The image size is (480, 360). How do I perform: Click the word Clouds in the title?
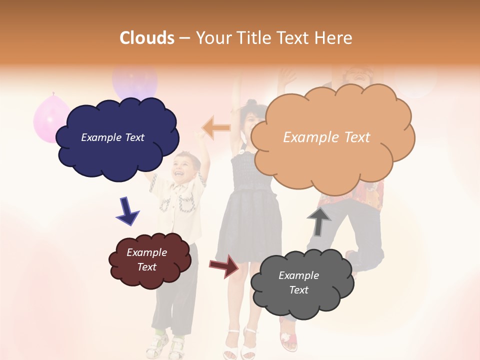tap(147, 38)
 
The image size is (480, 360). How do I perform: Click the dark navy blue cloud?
tap(117, 150)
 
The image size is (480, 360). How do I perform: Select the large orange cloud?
tap(332, 160)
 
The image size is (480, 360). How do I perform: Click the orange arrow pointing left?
tap(216, 128)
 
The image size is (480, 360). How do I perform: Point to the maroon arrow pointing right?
tap(224, 266)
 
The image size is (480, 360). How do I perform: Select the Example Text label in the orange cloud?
tap(326, 137)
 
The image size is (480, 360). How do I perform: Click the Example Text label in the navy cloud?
tap(112, 137)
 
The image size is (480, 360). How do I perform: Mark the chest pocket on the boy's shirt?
tap(186, 204)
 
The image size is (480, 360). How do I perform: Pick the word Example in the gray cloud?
tap(298, 275)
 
